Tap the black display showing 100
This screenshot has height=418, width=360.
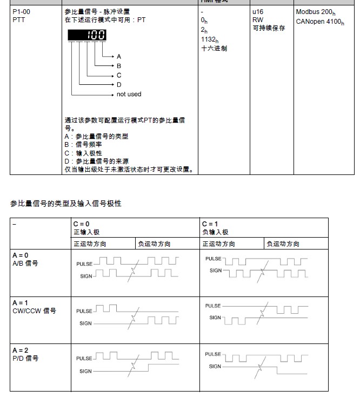click(86, 35)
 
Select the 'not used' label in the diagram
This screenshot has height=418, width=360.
click(129, 94)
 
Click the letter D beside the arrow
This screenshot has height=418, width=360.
click(119, 85)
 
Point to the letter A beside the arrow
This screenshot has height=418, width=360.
click(119, 57)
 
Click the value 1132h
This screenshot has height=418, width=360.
click(209, 39)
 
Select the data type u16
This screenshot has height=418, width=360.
click(258, 11)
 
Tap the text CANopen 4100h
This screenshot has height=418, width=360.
click(319, 22)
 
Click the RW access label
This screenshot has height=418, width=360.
click(258, 20)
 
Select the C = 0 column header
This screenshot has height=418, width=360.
click(82, 224)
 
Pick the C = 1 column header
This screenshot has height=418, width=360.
click(210, 224)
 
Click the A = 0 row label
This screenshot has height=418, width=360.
click(21, 255)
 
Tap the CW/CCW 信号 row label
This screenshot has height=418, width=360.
click(34, 311)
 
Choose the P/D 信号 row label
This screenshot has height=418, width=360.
click(25, 358)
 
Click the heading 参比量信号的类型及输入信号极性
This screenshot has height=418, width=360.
click(66, 204)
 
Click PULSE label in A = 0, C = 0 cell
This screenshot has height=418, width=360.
click(84, 264)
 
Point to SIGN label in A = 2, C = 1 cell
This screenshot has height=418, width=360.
click(215, 366)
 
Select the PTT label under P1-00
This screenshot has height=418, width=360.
click(18, 20)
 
